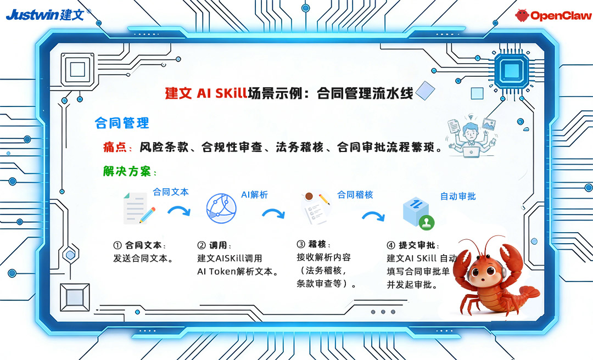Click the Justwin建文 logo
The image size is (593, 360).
click(48, 15)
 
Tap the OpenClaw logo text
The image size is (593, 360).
click(561, 15)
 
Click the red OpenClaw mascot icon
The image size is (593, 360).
click(522, 15)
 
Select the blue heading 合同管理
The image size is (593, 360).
click(122, 123)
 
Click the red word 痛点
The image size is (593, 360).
click(115, 147)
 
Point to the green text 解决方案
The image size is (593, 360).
click(127, 171)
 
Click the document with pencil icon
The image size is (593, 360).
click(138, 208)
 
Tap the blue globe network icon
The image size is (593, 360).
click(221, 209)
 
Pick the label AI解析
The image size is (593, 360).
click(255, 195)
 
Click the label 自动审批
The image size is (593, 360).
click(458, 196)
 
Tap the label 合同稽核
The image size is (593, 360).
click(355, 195)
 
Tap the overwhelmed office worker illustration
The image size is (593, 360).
click(471, 135)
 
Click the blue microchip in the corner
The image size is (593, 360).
click(512, 71)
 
